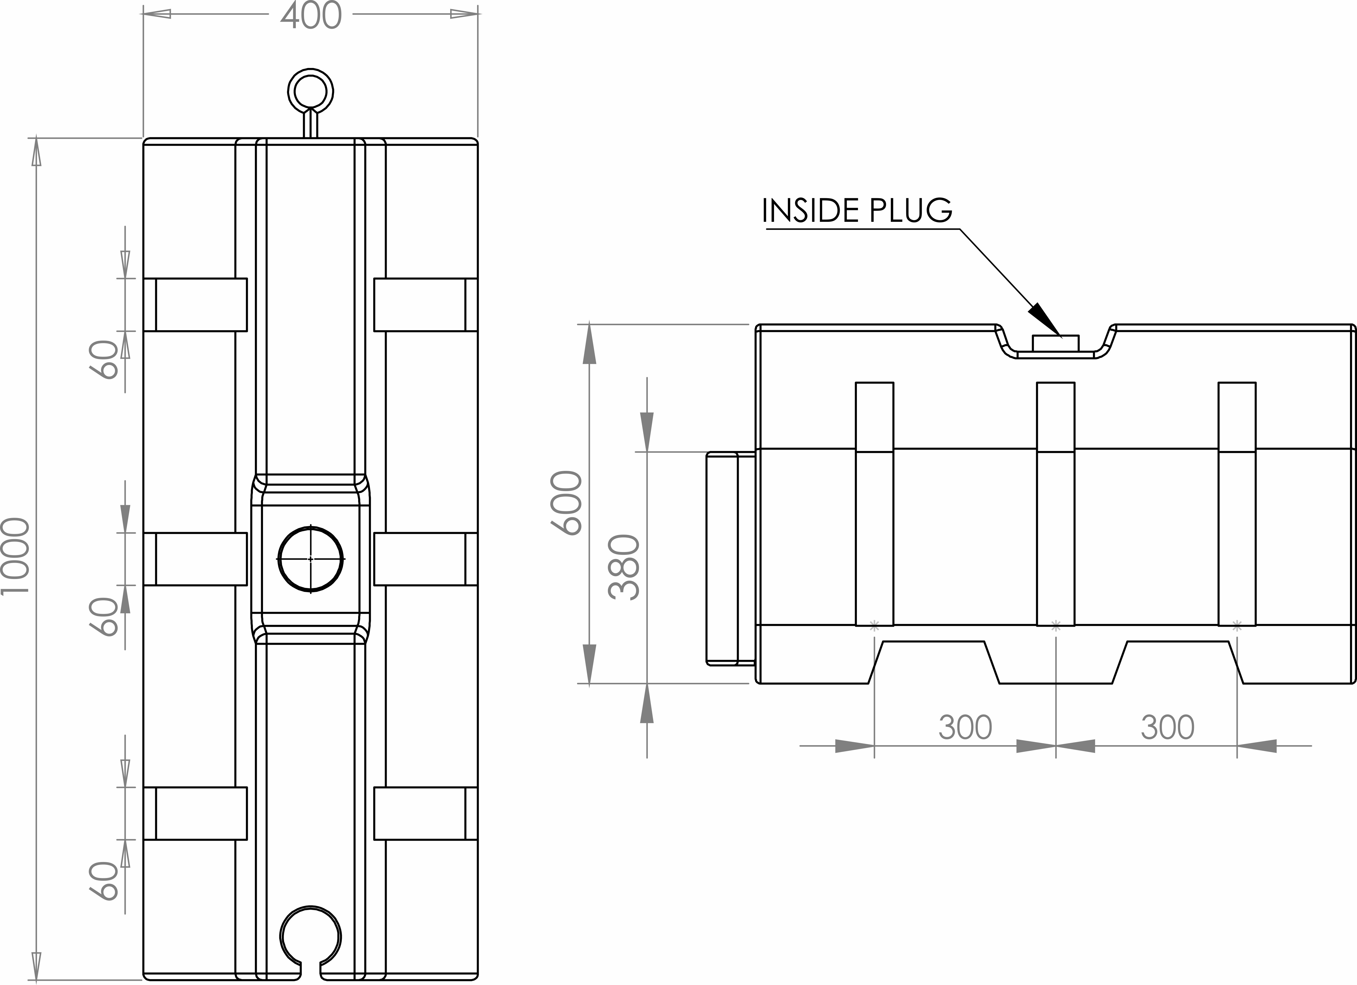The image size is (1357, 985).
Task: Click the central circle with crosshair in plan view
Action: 310,559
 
